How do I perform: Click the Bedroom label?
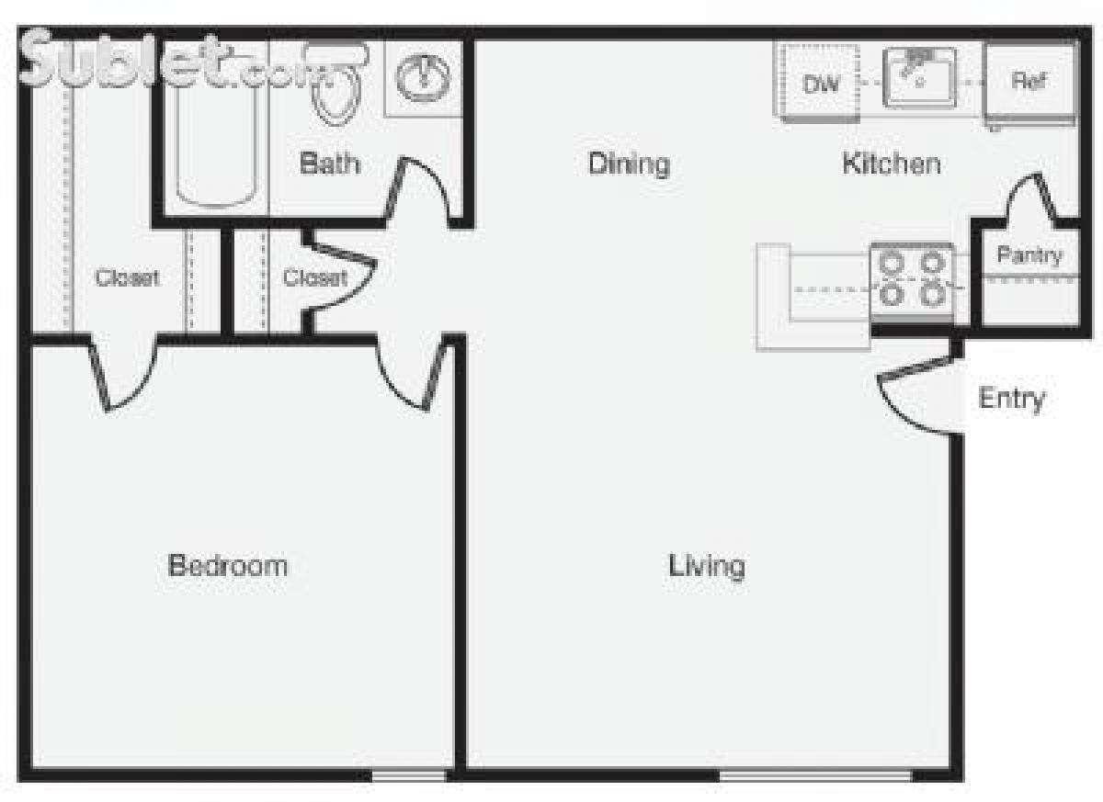(x=228, y=565)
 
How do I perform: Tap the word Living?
(x=706, y=566)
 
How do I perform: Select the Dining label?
(x=629, y=164)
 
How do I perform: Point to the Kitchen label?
(x=891, y=164)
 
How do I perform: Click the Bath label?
(x=330, y=164)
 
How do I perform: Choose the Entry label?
(x=1011, y=399)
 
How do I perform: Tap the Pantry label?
(x=1029, y=255)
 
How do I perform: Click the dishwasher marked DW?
(x=821, y=84)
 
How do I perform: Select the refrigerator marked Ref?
(x=1029, y=82)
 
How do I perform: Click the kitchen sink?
(x=919, y=77)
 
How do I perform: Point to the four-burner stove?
(x=912, y=278)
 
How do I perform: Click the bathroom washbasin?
(x=423, y=76)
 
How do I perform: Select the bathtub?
(x=215, y=138)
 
